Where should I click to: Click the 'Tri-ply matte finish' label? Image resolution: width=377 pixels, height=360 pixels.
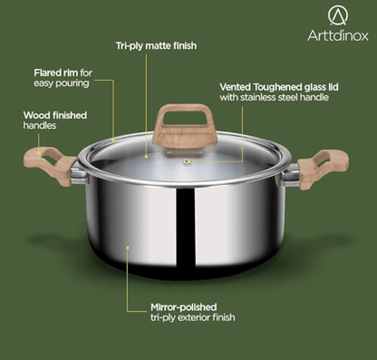point(157,44)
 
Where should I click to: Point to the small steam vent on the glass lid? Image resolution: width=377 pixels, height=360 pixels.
point(188,164)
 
